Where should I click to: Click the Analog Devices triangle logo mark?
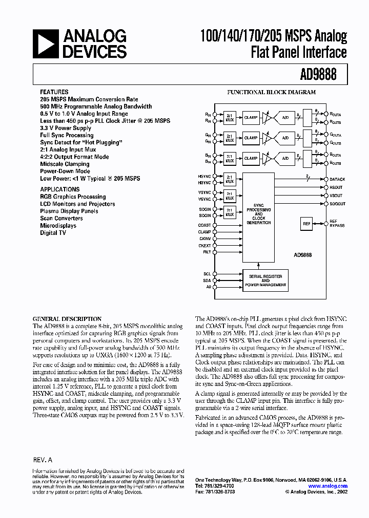46,43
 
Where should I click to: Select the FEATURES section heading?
54,92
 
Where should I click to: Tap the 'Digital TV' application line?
53,233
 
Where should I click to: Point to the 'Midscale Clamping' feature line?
65,164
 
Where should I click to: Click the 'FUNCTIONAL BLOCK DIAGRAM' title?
271,93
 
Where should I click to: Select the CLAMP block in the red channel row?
251,117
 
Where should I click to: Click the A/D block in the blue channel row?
285,159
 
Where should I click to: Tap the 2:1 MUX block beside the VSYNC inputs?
229,195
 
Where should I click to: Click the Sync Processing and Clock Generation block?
259,213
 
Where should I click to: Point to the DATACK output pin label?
337,180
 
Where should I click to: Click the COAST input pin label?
204,225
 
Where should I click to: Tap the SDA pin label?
207,280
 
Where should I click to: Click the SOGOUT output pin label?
337,204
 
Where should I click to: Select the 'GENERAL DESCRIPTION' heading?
67,319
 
